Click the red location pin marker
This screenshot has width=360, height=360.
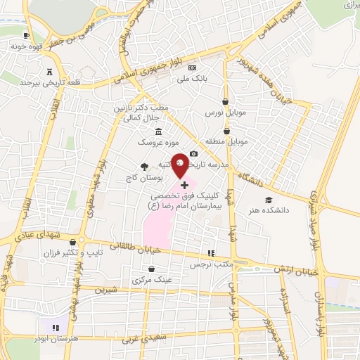(180, 165)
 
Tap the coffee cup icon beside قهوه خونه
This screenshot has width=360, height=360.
(26, 35)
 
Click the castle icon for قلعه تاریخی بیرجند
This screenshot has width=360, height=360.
(49, 72)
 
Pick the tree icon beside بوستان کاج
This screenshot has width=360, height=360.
(143, 167)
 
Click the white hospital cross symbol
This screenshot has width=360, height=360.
(185, 185)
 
